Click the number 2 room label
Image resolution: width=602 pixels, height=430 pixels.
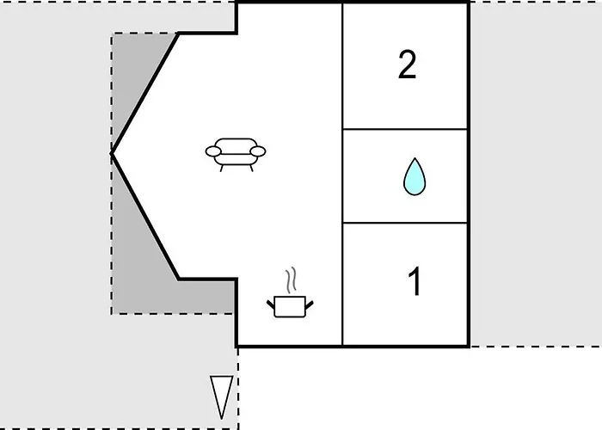pyautogui.click(x=407, y=64)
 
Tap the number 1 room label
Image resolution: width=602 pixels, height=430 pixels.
pyautogui.click(x=415, y=281)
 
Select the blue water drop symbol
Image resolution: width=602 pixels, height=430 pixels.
pyautogui.click(x=415, y=176)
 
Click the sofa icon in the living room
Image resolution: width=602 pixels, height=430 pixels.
pyautogui.click(x=236, y=154)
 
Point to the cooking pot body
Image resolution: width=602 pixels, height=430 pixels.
pyautogui.click(x=291, y=307)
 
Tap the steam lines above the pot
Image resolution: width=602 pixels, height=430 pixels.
pyautogui.click(x=292, y=280)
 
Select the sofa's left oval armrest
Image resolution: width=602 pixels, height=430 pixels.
pyautogui.click(x=213, y=151)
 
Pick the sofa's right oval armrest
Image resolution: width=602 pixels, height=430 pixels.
pyautogui.click(x=258, y=151)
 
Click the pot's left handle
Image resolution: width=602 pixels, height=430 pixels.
pyautogui.click(x=271, y=304)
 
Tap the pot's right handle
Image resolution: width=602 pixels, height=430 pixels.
pyautogui.click(x=310, y=304)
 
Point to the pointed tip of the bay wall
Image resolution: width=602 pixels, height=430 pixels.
pyautogui.click(x=112, y=153)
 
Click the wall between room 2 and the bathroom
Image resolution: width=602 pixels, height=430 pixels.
pyautogui.click(x=405, y=129)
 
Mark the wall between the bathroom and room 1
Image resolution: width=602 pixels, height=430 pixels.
pyautogui.click(x=405, y=223)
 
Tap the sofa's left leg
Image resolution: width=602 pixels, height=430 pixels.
pyautogui.click(x=222, y=169)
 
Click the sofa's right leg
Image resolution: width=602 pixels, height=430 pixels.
pyautogui.click(x=251, y=169)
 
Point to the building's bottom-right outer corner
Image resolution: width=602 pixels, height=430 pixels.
pyautogui.click(x=469, y=347)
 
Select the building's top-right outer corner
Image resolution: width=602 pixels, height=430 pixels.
pyautogui.click(x=469, y=3)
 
